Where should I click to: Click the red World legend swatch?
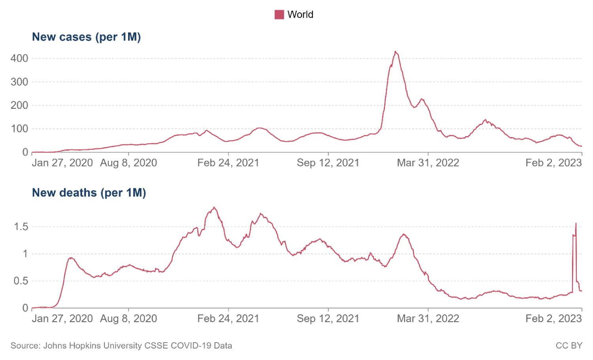279,15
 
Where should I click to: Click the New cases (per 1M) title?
86,37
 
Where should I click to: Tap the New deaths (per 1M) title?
89,193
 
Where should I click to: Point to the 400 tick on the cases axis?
19,59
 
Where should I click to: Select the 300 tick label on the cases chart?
19,82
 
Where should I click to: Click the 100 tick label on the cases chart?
19,129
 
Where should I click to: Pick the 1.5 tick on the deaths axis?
21,227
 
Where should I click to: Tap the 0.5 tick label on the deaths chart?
21,281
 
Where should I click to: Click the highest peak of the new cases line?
395,52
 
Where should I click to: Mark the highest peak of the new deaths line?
214,207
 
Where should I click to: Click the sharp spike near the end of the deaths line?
576,224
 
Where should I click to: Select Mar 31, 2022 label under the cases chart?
428,163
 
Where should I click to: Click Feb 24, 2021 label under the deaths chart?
228,319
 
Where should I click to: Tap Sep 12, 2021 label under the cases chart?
328,163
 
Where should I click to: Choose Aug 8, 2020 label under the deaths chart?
128,319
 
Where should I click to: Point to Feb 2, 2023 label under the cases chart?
553,163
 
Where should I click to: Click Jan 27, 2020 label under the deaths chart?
62,319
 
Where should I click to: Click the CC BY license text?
569,346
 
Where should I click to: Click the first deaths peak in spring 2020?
71,258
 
